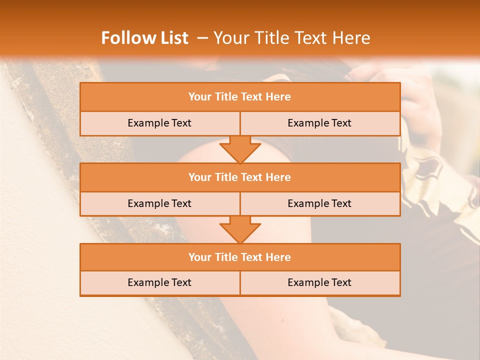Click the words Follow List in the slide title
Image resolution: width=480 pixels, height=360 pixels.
(x=144, y=38)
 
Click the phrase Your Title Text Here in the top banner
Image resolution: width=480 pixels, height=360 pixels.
(x=291, y=38)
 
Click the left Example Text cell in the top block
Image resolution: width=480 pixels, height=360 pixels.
(x=159, y=123)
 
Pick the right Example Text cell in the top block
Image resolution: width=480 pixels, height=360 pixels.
(x=319, y=123)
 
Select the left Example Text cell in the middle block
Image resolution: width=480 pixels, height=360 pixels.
(x=159, y=203)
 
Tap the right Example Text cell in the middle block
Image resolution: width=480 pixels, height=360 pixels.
(x=319, y=203)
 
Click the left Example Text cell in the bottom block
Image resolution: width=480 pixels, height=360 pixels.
(x=159, y=282)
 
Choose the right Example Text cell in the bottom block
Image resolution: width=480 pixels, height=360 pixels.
(x=319, y=282)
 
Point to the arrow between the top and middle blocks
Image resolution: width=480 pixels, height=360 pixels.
(x=240, y=149)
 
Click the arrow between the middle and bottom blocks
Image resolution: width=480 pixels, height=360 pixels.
(x=240, y=229)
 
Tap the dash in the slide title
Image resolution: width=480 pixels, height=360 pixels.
(x=202, y=38)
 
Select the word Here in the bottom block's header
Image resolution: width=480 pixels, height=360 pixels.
(x=278, y=257)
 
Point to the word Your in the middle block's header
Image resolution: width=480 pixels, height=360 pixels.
(x=200, y=177)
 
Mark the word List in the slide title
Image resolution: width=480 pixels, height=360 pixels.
(x=173, y=38)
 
